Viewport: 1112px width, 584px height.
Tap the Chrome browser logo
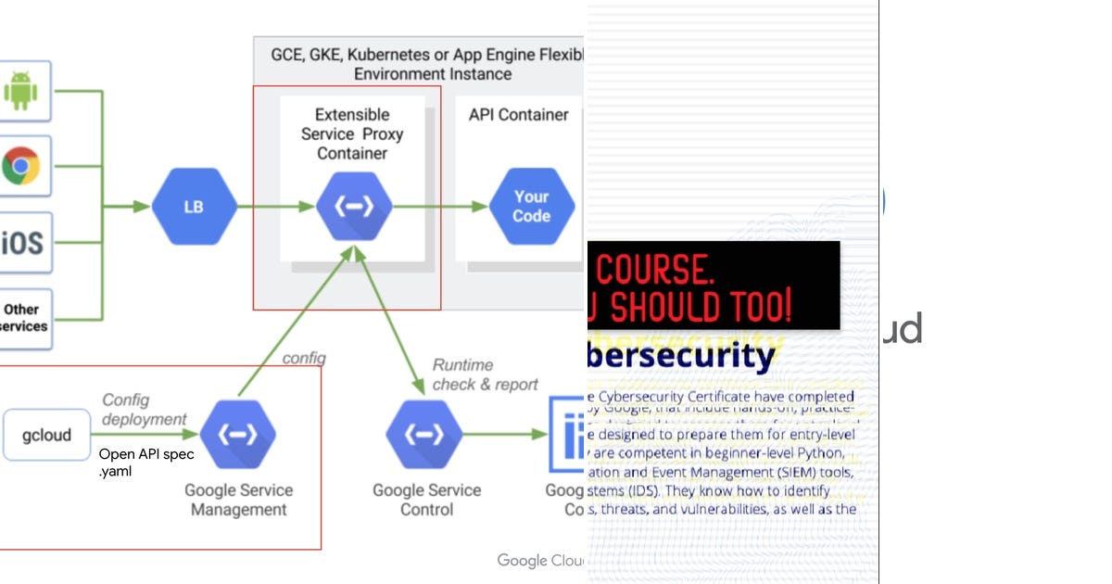pos(20,167)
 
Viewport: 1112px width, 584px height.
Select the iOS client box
pos(22,243)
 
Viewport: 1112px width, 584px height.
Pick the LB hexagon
pos(194,207)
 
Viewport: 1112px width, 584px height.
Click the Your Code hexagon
pos(532,207)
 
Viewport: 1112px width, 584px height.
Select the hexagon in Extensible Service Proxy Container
pos(353,207)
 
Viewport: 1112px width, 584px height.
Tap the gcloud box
pos(46,435)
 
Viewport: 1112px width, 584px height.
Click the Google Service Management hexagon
pos(238,434)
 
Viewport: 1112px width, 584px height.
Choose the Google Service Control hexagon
pos(425,434)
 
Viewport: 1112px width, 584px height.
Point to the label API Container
pos(518,115)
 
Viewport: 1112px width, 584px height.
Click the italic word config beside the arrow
pos(303,358)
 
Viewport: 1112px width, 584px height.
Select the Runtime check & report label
pos(484,375)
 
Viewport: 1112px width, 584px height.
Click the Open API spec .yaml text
pos(145,463)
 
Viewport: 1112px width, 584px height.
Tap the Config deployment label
pos(144,409)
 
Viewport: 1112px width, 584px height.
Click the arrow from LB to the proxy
pos(276,207)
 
